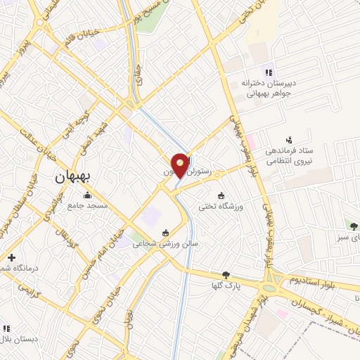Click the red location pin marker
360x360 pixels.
tap(181, 165)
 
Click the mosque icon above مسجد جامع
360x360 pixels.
tap(87, 195)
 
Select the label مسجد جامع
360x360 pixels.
tap(86, 206)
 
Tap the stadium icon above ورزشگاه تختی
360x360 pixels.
tap(221, 195)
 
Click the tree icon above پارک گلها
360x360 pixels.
tap(226, 275)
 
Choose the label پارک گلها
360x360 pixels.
tap(226, 285)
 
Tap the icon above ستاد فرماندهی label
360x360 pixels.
tap(288, 140)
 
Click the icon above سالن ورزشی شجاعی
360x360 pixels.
tap(166, 233)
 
